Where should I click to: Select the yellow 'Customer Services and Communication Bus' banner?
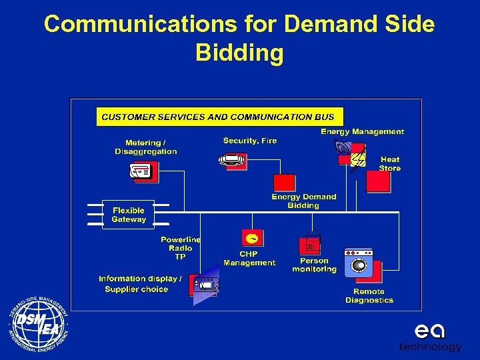tap(220, 117)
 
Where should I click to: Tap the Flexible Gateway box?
tap(128, 215)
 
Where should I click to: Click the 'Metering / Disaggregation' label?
tap(145, 147)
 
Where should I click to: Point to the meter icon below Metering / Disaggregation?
tap(143, 172)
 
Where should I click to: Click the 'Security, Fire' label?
tap(249, 141)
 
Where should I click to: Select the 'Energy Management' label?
tap(362, 132)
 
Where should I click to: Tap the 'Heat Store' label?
tap(390, 164)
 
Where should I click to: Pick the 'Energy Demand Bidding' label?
tap(303, 201)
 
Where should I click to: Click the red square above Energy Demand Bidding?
tap(284, 183)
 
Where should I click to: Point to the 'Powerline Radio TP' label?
tap(180, 248)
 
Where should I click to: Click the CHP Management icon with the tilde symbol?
tap(253, 238)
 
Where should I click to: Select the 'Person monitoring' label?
tap(314, 265)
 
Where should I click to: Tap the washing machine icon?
tap(359, 263)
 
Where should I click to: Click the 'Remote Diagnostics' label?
tap(369, 296)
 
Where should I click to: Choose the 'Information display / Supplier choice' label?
tap(139, 284)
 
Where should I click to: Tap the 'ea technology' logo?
tap(430, 337)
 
